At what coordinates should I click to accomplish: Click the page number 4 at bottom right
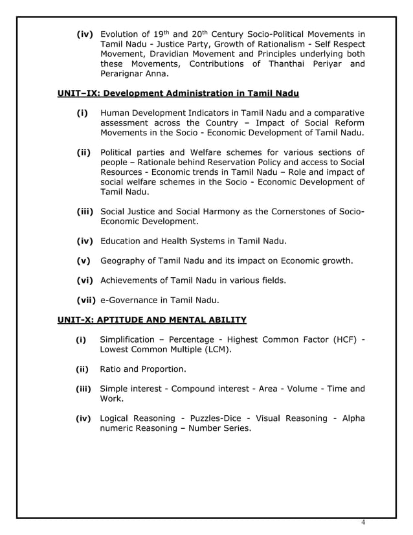tap(363, 523)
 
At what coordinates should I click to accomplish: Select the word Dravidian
tap(175, 53)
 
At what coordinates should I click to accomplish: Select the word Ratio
tap(111, 369)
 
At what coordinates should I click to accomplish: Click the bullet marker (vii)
tap(86, 300)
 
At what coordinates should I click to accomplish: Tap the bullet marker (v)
tap(84, 260)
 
